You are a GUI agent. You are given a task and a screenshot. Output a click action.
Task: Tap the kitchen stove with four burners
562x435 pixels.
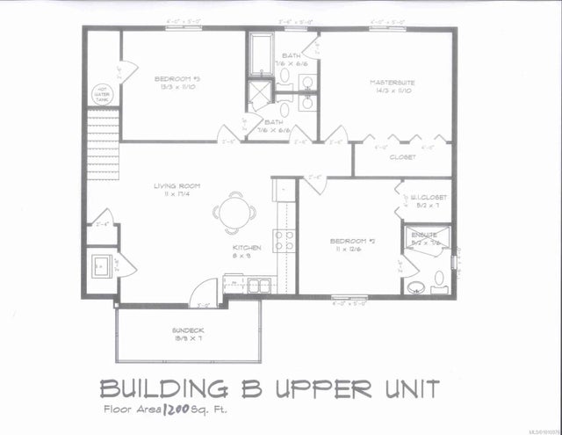click(284, 240)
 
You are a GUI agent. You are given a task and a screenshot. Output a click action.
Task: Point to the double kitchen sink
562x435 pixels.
click(256, 284)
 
